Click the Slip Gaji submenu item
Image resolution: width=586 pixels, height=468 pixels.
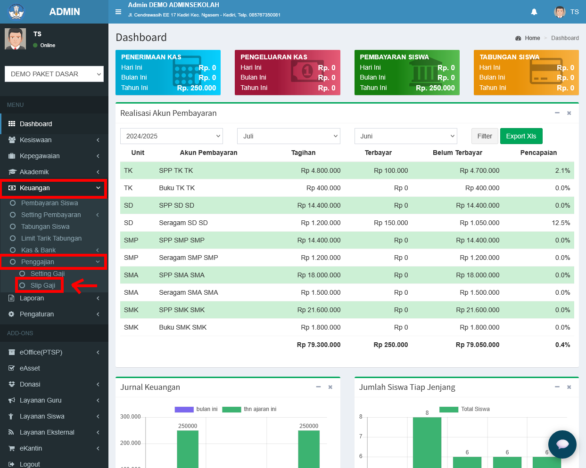43,285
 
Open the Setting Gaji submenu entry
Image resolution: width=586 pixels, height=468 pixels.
48,274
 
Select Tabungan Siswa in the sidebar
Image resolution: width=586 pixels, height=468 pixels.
45,226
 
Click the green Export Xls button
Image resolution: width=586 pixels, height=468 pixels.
521,136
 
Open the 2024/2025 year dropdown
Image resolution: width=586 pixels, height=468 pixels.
172,136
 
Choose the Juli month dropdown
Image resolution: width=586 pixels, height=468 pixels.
289,136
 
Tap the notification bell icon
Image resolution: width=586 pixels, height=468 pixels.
534,12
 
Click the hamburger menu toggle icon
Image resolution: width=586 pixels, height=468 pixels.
118,12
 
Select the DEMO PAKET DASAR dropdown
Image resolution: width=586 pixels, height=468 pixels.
54,74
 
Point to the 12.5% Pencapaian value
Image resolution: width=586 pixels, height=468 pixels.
561,223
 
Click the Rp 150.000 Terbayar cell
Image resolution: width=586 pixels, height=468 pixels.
391,223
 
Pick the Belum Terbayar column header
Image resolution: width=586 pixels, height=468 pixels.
457,153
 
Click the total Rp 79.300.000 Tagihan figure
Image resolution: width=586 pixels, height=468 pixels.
319,345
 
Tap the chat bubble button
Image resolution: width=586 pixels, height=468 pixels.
562,444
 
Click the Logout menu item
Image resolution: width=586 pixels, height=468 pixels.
30,464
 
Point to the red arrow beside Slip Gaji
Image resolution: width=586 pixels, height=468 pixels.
84,285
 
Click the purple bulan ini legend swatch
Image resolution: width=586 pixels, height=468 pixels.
184,409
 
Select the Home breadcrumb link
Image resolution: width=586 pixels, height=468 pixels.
532,38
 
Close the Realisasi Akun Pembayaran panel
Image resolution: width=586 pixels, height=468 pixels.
569,113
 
